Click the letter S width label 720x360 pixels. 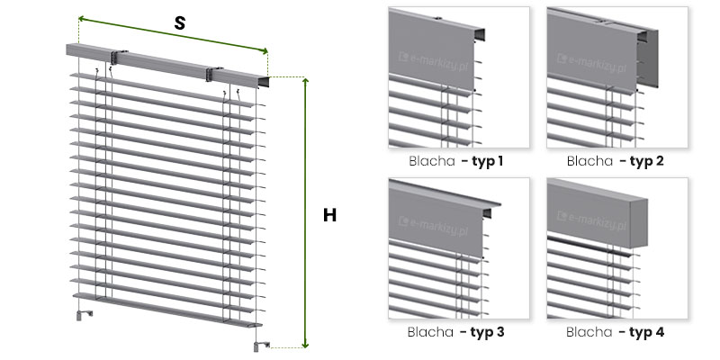point(179,23)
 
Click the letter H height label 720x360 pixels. point(329,215)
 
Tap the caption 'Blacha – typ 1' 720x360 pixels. point(455,161)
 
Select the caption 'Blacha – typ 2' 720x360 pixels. point(615,161)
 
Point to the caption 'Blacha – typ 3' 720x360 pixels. point(455,332)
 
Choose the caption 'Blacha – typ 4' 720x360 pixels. point(615,332)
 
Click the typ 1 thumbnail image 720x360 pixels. point(459,77)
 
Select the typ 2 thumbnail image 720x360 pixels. point(617,77)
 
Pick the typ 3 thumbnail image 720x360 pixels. point(459,248)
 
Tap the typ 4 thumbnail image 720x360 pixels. point(617,248)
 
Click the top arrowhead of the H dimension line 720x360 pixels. point(305,81)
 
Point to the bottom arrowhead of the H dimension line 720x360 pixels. point(305,345)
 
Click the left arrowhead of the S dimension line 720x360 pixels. point(81,18)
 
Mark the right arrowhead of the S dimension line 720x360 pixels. point(265,51)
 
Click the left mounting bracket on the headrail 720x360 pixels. point(113,57)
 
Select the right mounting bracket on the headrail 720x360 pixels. point(210,74)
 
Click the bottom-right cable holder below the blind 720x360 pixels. point(259,346)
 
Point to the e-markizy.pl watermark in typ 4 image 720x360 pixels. point(592,219)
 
